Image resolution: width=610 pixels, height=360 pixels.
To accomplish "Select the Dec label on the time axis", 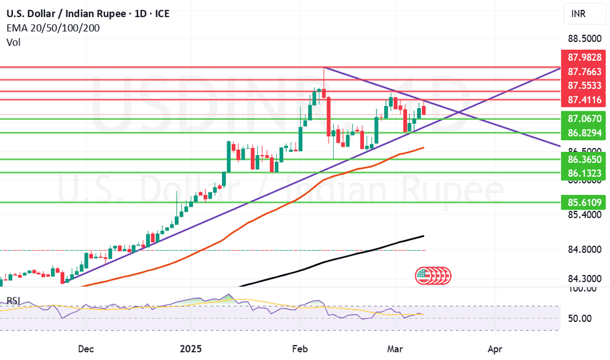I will pyautogui.click(x=86, y=349).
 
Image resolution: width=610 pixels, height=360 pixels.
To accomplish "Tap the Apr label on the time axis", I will pyautogui.click(x=495, y=349).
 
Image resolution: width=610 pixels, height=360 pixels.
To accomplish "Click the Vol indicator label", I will pyautogui.click(x=13, y=42).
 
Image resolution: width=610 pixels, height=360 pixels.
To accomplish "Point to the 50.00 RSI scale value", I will pyautogui.click(x=578, y=319).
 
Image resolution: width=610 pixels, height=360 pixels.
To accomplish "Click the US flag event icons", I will pyautogui.click(x=432, y=276).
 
